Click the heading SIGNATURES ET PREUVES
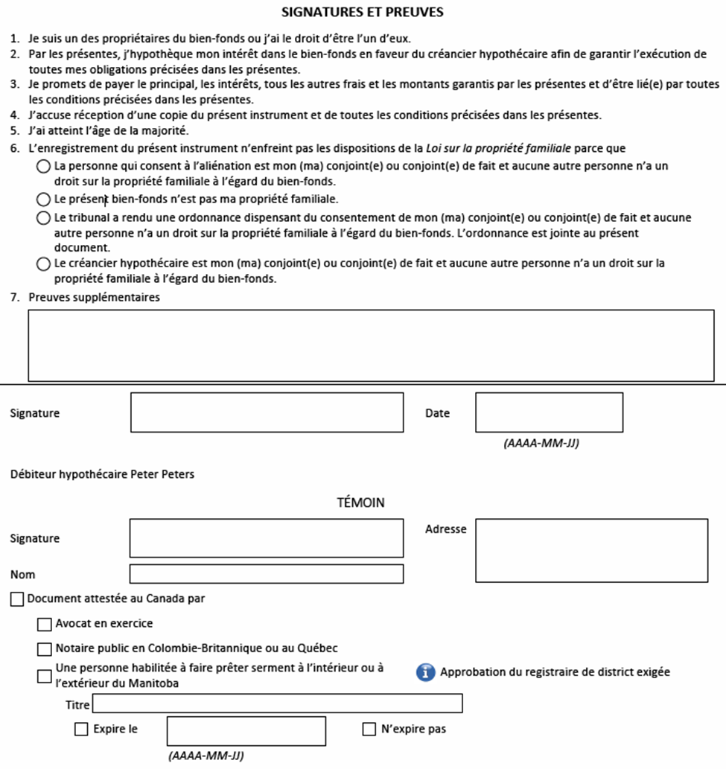363,13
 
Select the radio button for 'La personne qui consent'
44,167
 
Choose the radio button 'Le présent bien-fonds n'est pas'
44,200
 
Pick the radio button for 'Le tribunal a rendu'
44,218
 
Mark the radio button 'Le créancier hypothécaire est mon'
44,264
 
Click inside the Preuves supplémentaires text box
371,345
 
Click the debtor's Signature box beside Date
267,412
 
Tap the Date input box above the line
549,412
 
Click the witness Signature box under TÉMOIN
267,538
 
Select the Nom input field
267,574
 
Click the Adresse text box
591,550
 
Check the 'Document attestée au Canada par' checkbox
17,599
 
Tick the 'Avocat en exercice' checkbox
45,624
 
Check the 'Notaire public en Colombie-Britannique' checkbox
45,649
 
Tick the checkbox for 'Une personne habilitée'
45,676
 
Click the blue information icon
425,672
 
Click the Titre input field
277,703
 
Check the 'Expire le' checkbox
81,730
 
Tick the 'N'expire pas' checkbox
369,730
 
